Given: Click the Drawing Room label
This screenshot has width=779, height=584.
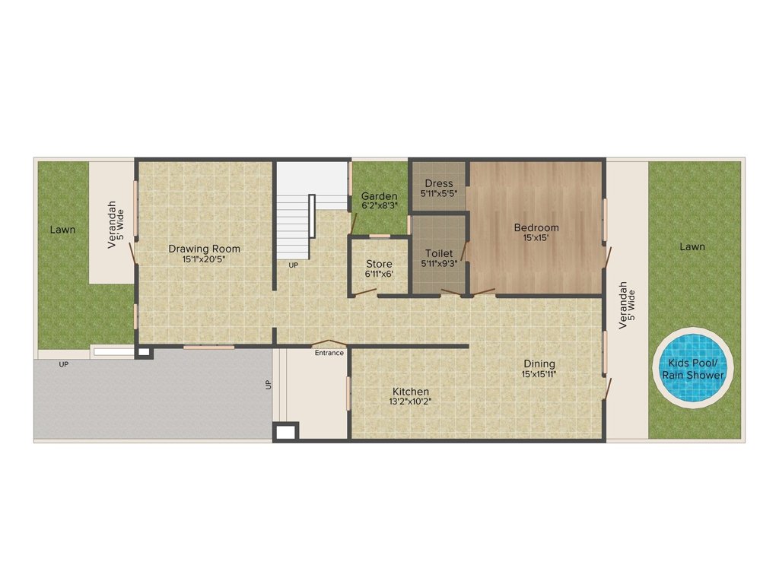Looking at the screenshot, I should tap(204, 249).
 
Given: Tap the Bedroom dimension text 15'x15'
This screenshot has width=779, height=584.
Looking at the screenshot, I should tap(536, 238).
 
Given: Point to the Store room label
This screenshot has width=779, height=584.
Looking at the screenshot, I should tap(379, 264).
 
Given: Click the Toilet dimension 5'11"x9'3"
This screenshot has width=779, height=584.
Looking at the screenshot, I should tap(439, 263).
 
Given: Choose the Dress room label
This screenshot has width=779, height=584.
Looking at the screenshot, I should tap(439, 183).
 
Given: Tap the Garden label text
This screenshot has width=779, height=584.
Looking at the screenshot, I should tap(379, 196).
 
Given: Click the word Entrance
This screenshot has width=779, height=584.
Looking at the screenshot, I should tap(329, 353).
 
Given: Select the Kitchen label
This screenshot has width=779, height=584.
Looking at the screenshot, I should tap(410, 391).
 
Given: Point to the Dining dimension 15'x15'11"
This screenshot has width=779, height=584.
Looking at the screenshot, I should tap(539, 374).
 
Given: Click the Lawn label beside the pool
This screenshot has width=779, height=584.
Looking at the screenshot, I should tap(692, 246).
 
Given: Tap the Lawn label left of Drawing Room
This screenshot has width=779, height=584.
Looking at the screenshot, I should tap(62, 229).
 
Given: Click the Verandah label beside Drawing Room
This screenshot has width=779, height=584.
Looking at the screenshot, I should tap(112, 224).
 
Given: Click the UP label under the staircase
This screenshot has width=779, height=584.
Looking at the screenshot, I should tap(293, 265).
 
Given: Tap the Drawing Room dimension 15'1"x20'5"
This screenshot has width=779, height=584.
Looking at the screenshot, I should tap(204, 259).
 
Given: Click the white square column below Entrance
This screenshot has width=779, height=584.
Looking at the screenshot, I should tap(286, 433).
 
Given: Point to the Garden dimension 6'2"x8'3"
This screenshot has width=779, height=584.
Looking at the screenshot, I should tap(379, 205).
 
